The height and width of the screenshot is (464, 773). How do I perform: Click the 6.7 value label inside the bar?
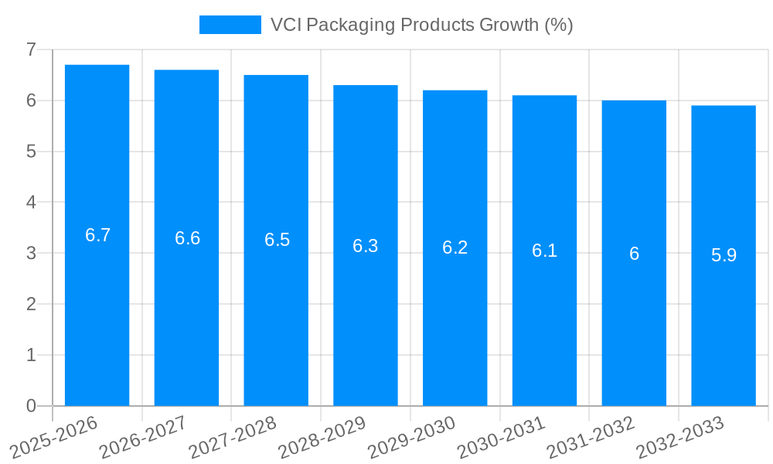[x=97, y=235]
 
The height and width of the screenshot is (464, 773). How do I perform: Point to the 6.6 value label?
[x=187, y=238]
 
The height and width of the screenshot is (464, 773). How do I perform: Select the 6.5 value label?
[x=277, y=240]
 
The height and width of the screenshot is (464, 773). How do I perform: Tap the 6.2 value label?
[x=455, y=247]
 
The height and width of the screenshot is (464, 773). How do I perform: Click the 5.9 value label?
[x=724, y=255]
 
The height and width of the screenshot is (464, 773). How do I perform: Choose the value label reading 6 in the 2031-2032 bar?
[x=634, y=254]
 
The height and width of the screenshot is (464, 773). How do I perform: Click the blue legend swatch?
[x=230, y=25]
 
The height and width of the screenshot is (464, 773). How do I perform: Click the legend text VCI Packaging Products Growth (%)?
[x=421, y=25]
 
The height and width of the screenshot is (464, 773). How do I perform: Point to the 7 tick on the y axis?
[x=31, y=49]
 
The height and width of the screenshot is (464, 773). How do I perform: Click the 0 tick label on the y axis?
[x=31, y=406]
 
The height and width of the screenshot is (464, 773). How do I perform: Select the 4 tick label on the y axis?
[x=31, y=203]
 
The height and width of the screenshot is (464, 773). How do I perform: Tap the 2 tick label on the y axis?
[x=31, y=304]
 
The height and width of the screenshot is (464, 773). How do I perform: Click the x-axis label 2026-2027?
[x=143, y=438]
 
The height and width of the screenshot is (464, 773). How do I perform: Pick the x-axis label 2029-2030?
[x=411, y=438]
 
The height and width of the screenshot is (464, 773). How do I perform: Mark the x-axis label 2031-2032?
[x=591, y=438]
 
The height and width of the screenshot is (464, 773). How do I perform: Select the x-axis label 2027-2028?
[x=233, y=438]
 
